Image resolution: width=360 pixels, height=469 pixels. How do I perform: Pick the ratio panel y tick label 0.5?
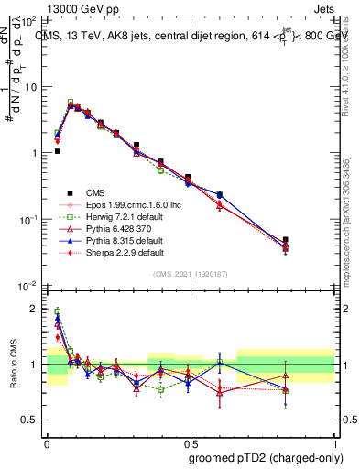(x=30, y=420)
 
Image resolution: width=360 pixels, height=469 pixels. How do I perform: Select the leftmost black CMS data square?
(x=58, y=151)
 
